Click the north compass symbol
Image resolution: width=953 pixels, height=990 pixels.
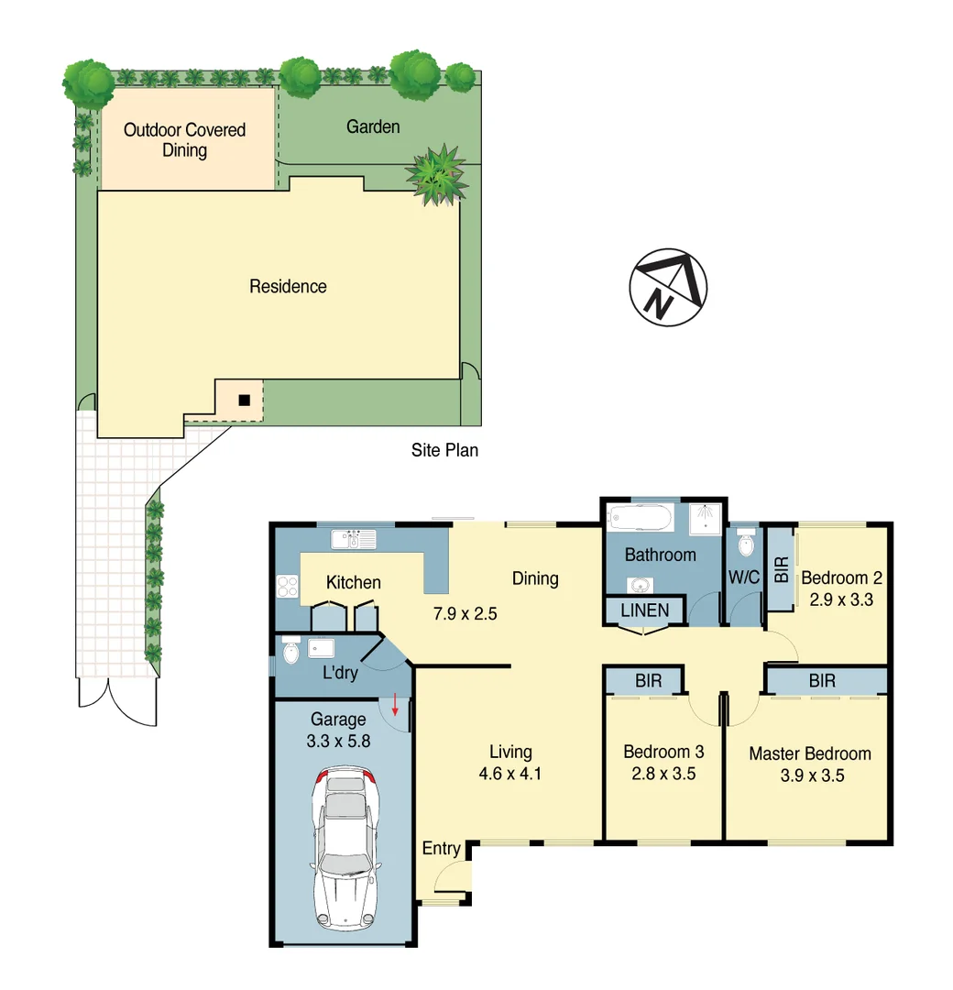click(x=668, y=286)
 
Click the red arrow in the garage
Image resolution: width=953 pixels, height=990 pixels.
click(x=395, y=705)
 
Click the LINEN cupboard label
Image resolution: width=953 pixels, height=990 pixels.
click(x=644, y=610)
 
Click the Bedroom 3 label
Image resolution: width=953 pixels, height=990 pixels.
click(x=663, y=752)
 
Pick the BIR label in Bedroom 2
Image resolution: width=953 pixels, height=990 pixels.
click(x=781, y=571)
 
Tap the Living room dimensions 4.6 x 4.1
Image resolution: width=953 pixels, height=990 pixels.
click(x=510, y=773)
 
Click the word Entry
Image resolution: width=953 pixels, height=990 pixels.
click(x=441, y=849)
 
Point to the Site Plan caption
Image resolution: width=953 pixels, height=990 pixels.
click(x=444, y=450)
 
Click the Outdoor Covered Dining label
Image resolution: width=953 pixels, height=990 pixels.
click(x=185, y=140)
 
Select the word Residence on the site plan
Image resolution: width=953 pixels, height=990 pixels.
click(x=288, y=287)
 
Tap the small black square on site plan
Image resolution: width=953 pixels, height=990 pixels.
click(x=244, y=400)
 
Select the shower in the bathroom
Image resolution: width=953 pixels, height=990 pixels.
click(x=704, y=519)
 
